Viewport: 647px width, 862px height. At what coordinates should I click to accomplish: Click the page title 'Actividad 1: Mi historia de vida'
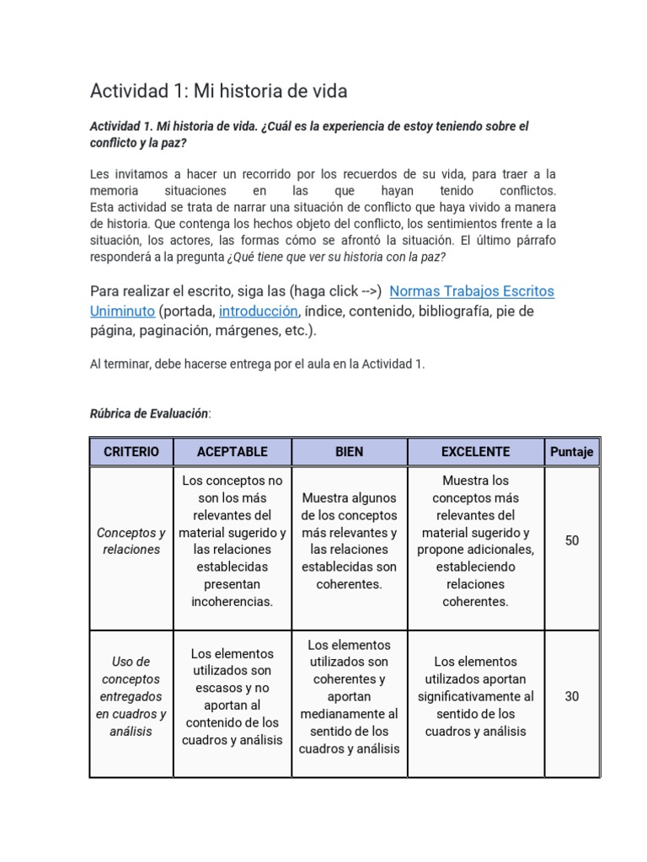218,90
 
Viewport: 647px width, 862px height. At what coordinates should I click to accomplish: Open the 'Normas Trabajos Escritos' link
472,291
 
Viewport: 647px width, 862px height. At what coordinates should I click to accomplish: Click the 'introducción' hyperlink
258,311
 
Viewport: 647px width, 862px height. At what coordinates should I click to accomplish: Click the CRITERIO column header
131,452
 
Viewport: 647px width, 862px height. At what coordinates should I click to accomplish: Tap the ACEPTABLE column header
232,452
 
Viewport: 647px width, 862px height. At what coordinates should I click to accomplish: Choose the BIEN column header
349,452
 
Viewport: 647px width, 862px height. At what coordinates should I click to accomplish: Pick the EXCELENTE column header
475,452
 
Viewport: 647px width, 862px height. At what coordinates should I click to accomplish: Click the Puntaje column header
572,452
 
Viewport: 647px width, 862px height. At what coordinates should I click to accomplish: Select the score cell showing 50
572,540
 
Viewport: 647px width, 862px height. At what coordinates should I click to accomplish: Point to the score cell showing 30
572,697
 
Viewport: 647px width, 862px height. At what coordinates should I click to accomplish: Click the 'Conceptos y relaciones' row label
131,541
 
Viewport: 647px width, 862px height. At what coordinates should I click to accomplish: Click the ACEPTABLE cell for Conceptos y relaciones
232,541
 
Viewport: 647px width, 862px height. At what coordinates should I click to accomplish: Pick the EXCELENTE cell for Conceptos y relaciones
475,541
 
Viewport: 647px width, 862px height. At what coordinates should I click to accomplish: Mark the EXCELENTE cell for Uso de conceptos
475,696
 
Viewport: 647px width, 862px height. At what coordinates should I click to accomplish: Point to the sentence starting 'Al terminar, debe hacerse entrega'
257,364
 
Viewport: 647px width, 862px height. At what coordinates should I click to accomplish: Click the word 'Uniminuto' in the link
122,311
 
